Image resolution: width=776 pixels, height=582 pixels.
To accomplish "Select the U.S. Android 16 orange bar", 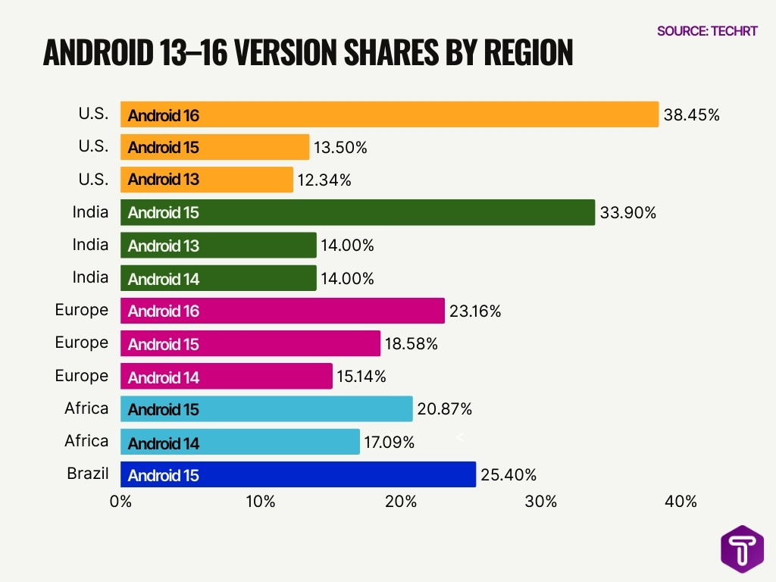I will [x=390, y=115].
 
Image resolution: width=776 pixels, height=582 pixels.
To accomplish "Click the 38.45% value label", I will [x=690, y=115].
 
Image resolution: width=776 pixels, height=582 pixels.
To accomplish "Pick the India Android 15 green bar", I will [x=358, y=213].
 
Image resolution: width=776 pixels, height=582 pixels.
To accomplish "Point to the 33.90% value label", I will [x=627, y=213].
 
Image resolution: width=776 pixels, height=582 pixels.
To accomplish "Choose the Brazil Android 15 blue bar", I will [x=298, y=475].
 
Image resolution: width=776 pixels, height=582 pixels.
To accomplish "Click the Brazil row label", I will [x=88, y=474].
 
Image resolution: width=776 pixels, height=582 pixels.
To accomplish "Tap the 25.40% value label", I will [x=508, y=475].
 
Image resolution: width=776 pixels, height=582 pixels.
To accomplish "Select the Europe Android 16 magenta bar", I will [x=283, y=311].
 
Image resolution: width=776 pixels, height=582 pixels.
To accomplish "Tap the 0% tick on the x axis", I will [x=120, y=502].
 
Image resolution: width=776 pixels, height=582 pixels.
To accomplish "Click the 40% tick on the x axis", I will [x=681, y=502].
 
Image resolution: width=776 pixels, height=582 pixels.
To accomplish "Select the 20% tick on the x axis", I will [x=401, y=502].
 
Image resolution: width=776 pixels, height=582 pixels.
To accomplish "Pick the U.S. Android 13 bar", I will [x=207, y=180].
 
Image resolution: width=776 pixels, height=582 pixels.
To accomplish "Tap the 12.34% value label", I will [x=324, y=180].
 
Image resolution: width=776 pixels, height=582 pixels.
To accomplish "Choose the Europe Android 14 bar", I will [x=227, y=377].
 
